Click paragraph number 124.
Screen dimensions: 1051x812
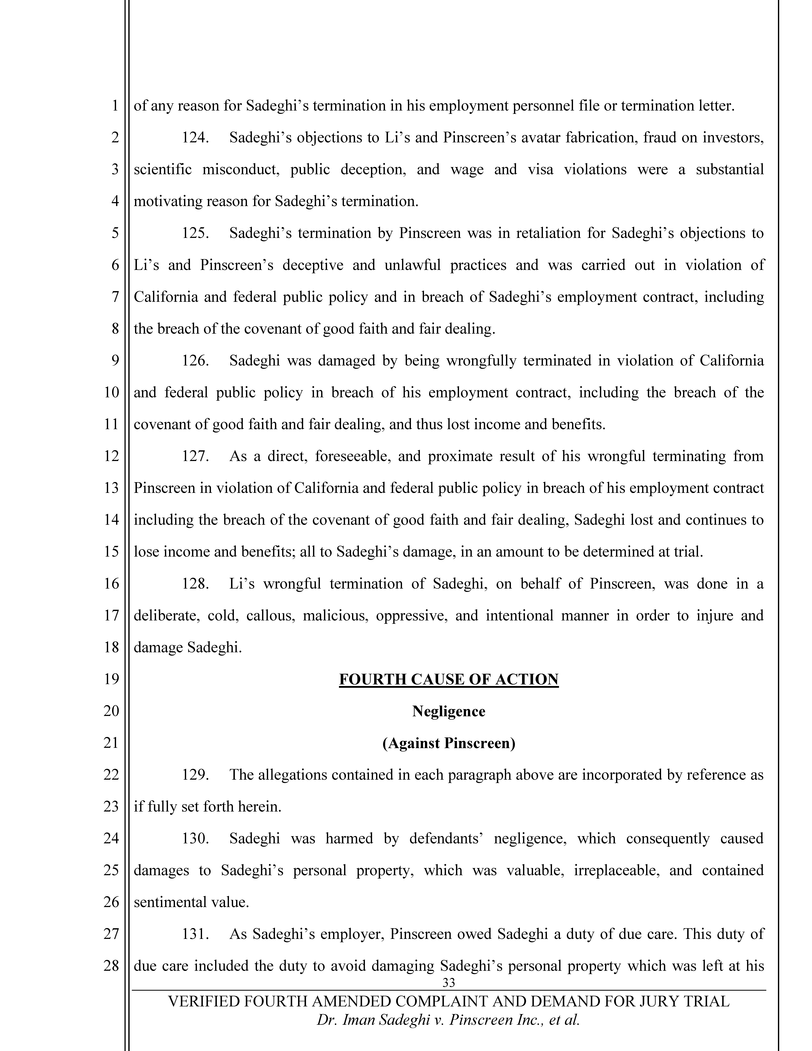point(195,138)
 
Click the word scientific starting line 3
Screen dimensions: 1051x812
point(163,169)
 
